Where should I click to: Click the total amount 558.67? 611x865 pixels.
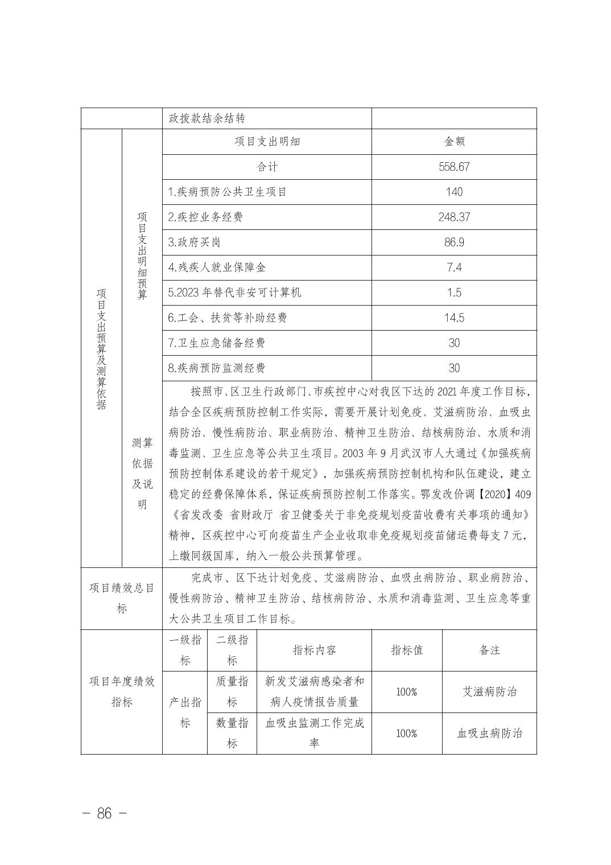coord(454,167)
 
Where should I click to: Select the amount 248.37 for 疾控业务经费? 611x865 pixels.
coord(454,217)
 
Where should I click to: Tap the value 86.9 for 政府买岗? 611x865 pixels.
coord(454,242)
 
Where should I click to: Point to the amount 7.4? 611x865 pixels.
coord(454,267)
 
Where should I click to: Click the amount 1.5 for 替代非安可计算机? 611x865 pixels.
coord(454,293)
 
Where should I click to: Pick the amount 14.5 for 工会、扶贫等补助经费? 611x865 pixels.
coord(454,318)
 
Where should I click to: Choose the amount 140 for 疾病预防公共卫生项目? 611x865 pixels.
coord(454,192)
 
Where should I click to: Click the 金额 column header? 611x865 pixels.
coord(454,142)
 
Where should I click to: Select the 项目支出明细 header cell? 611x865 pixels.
coord(267,142)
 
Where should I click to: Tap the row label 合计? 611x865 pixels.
coord(267,167)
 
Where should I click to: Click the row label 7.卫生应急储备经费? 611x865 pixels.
coord(217,343)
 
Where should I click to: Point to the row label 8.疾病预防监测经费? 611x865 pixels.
coord(217,368)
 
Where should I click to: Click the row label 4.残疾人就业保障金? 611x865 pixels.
coord(217,267)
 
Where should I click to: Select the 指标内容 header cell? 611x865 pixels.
coord(314,650)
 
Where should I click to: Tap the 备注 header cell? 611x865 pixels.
coord(489,650)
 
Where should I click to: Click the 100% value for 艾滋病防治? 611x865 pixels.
coord(407,692)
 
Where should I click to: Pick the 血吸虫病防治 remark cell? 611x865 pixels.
coord(489,733)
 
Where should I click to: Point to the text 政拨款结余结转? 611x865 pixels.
coord(207,118)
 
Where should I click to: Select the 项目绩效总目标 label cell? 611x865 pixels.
coord(122,598)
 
